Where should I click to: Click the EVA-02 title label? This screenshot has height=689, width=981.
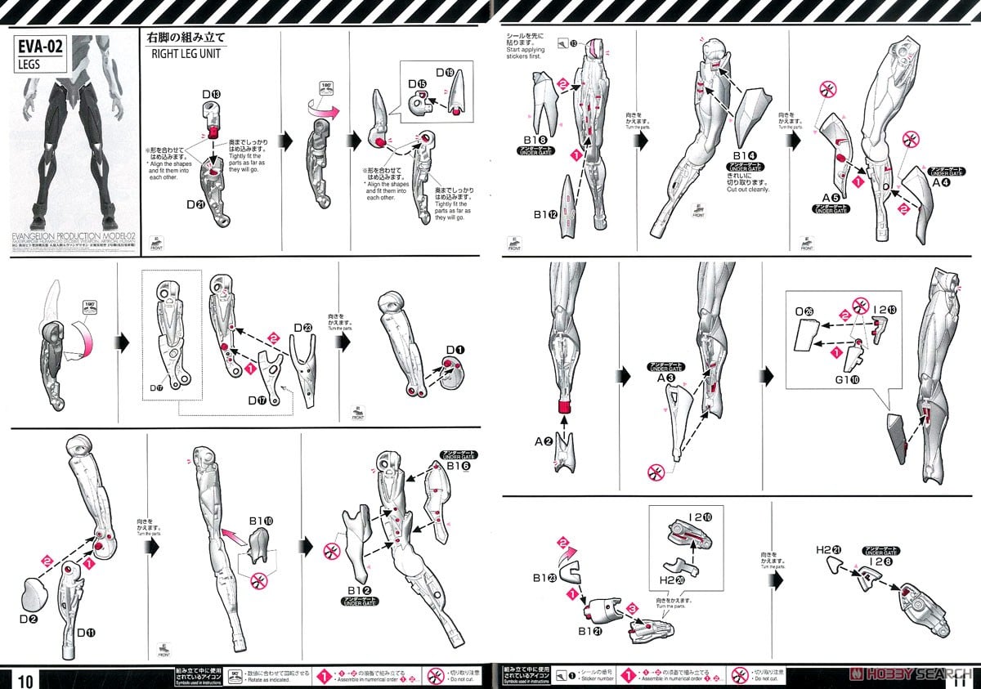point(40,47)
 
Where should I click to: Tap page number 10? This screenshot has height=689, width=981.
point(25,678)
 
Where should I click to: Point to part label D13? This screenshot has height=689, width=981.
point(211,95)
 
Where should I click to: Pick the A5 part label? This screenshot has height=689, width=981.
point(831,198)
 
